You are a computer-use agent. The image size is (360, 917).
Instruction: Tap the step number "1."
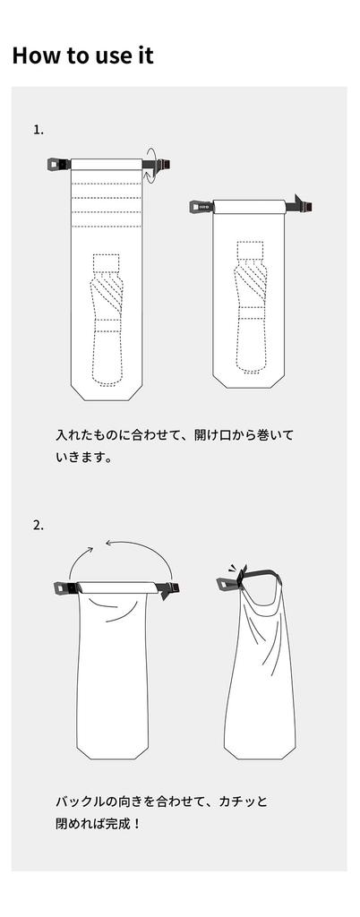click(x=39, y=130)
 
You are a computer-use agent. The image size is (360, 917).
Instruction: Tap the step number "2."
click(x=39, y=525)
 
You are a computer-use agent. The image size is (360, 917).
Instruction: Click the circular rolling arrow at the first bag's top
click(x=151, y=166)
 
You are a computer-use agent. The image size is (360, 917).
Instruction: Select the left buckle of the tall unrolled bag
click(x=58, y=165)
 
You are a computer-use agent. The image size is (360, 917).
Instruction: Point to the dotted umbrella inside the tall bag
click(x=107, y=320)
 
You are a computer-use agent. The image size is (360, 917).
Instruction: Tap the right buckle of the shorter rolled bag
click(x=298, y=205)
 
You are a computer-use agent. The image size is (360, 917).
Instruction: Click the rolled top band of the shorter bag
click(x=249, y=207)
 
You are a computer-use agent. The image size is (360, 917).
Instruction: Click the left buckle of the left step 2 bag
click(x=65, y=587)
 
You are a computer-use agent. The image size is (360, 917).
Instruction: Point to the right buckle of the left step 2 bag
click(x=167, y=589)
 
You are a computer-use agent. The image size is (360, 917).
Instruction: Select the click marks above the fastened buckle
click(x=233, y=569)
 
